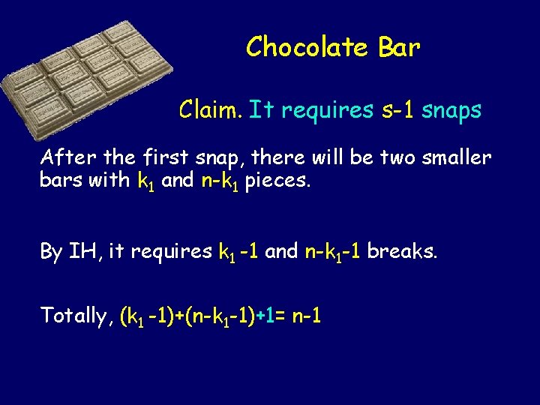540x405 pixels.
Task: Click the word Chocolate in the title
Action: click(x=307, y=47)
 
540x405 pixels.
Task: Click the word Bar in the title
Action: click(x=399, y=47)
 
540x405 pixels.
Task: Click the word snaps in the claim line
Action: click(x=451, y=112)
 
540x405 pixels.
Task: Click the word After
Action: click(x=66, y=158)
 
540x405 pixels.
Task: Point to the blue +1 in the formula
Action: click(x=263, y=316)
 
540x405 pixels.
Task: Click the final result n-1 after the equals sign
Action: click(x=307, y=316)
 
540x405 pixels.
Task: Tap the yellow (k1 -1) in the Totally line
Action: click(x=148, y=316)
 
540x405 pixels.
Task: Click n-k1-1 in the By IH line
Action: click(x=332, y=252)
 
